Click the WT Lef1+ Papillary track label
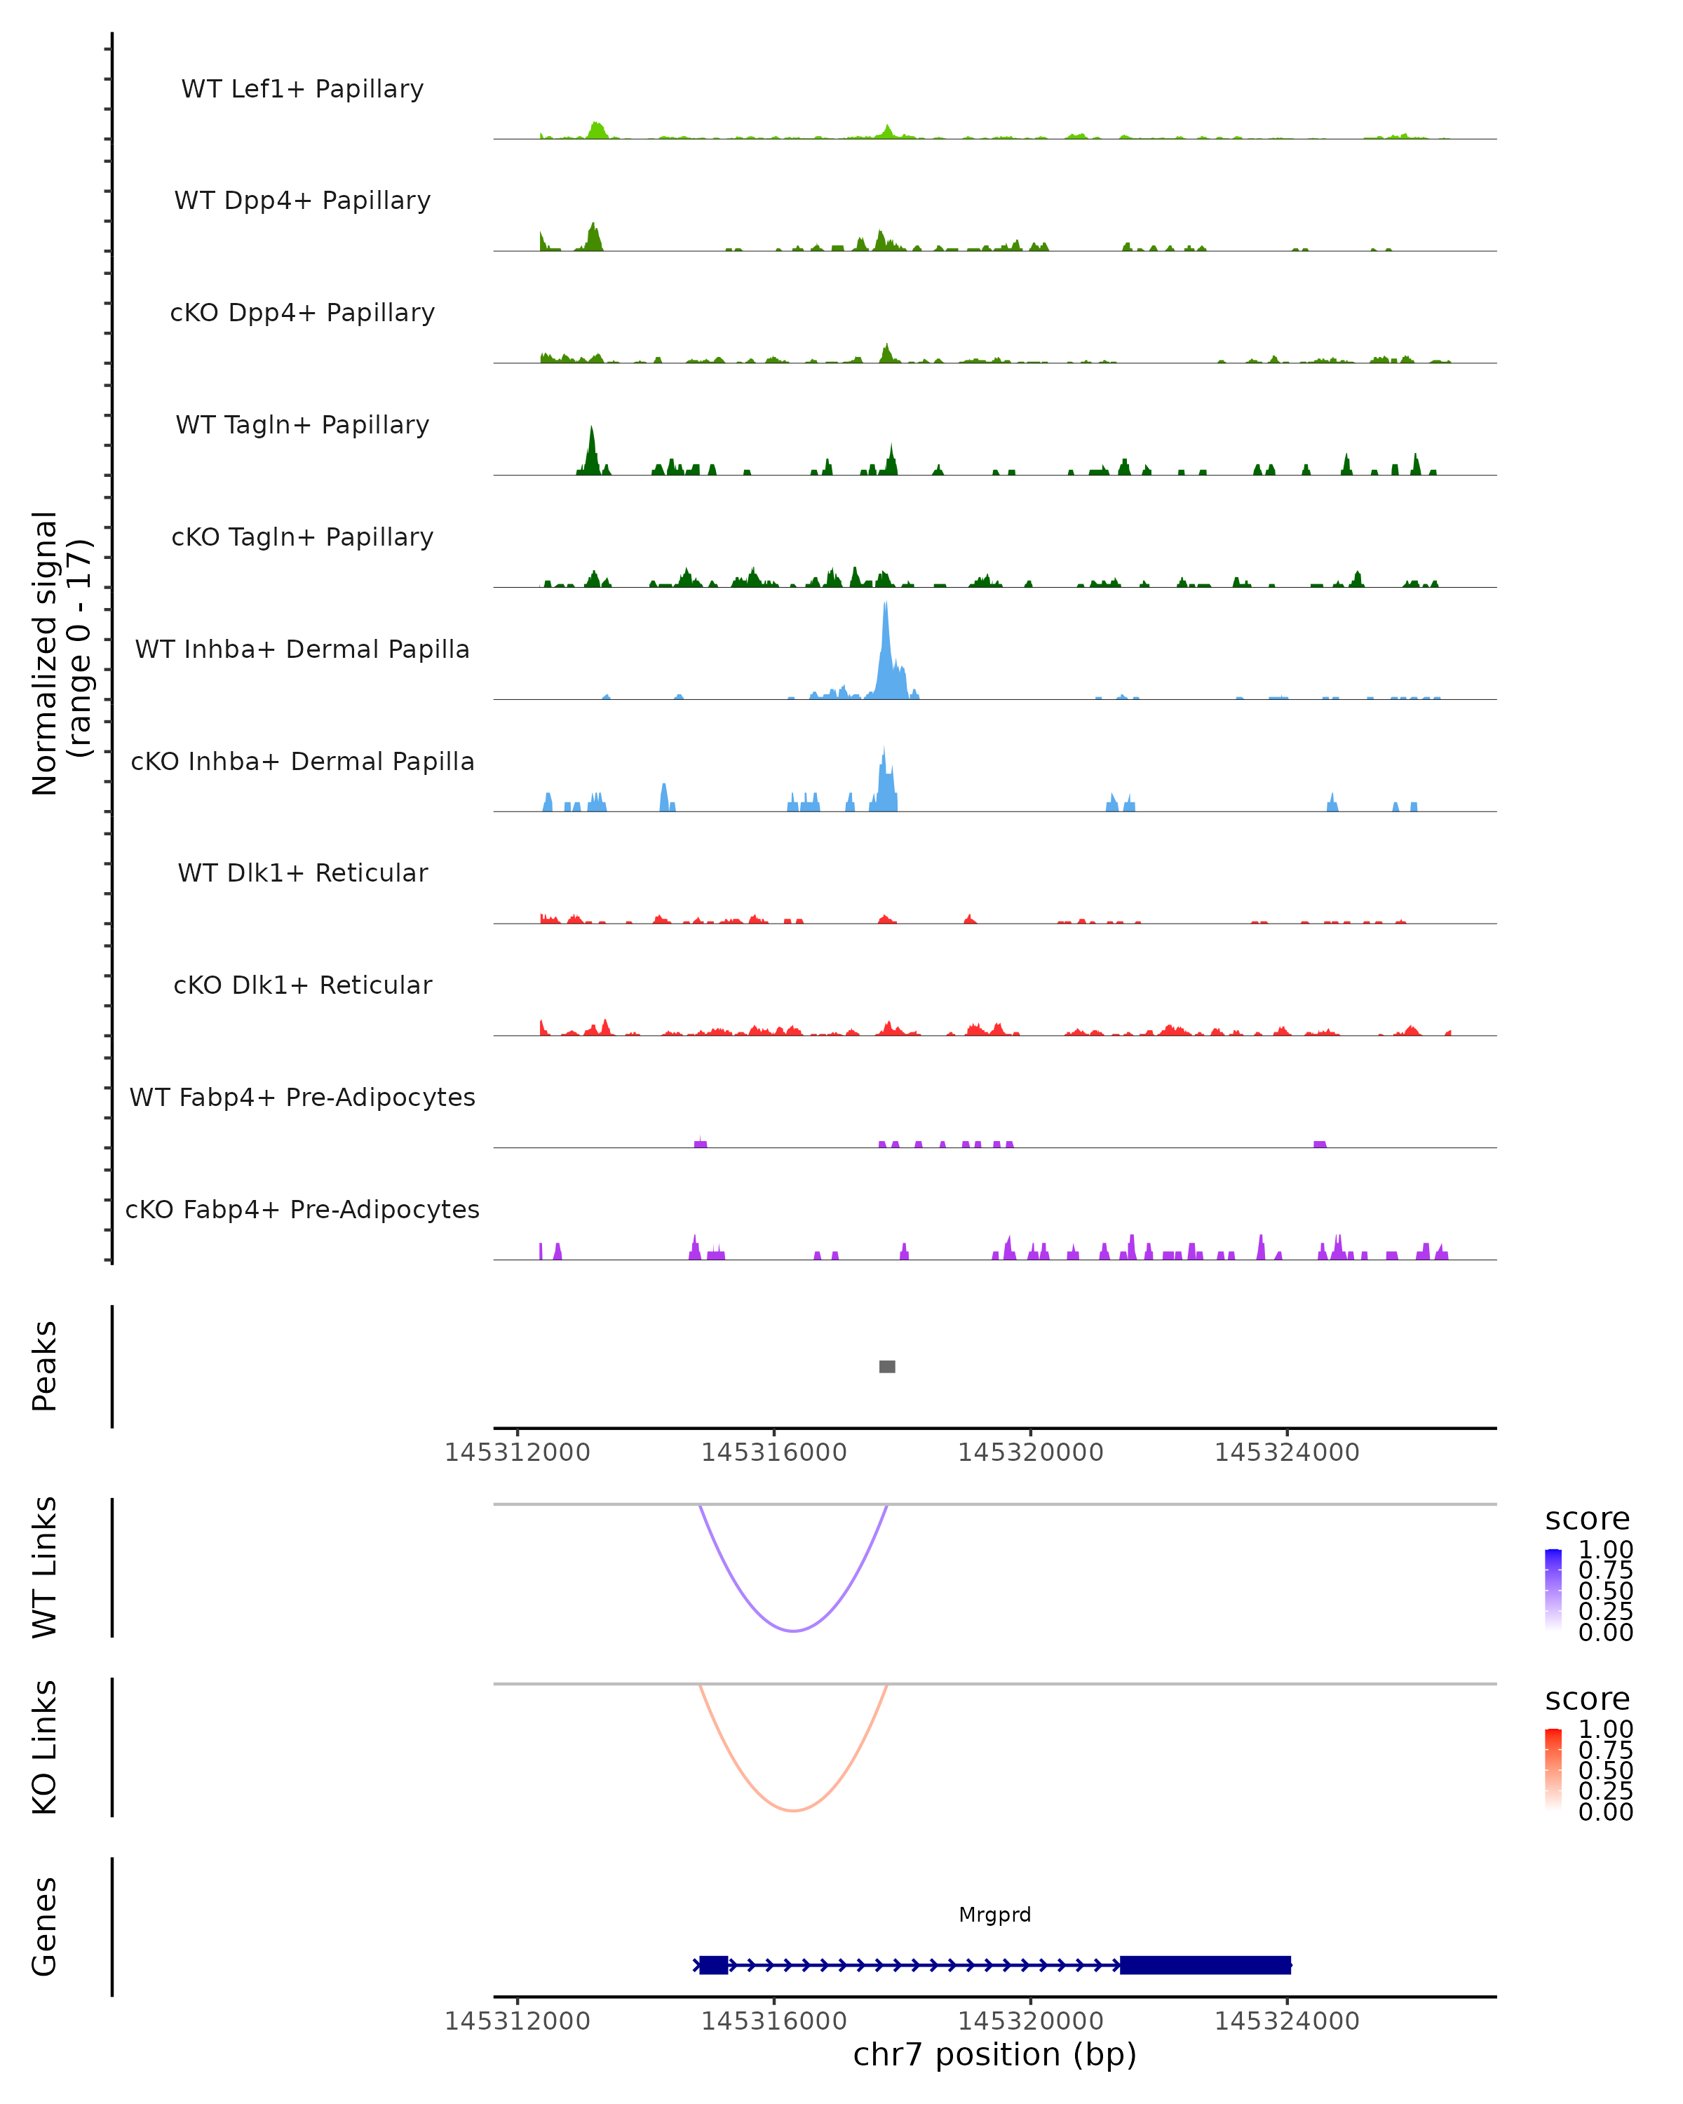(302, 89)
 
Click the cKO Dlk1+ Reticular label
(302, 985)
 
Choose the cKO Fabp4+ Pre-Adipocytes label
(302, 1209)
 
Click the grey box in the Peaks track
(887, 1366)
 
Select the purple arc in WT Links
(795, 1631)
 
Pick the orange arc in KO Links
(795, 1810)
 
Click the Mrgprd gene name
(994, 1915)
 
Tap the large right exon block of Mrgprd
(1205, 1964)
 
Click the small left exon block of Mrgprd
(713, 1964)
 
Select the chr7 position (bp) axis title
(994, 2054)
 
